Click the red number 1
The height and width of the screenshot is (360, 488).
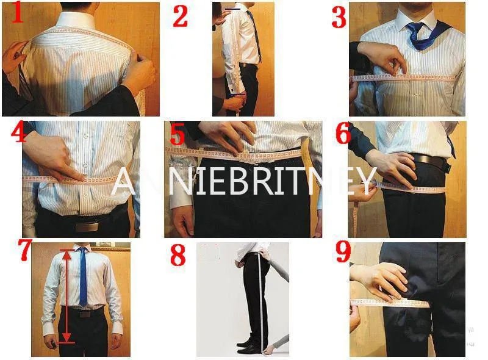pos(18,13)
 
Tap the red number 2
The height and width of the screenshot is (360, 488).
pos(180,16)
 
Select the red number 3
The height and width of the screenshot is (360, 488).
pos(339,17)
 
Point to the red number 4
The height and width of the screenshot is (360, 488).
pos(19,132)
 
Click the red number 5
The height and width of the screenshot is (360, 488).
pos(178,134)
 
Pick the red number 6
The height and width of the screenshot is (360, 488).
pos(343,133)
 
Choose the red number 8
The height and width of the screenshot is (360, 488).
pos(178,254)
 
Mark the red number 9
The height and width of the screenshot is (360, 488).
pos(343,251)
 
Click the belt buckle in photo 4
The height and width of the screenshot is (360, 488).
pos(87,227)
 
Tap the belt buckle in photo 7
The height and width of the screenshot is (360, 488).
pos(85,314)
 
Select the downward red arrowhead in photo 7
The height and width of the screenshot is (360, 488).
pos(66,337)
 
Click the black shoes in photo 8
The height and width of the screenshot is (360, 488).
pos(249,347)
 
